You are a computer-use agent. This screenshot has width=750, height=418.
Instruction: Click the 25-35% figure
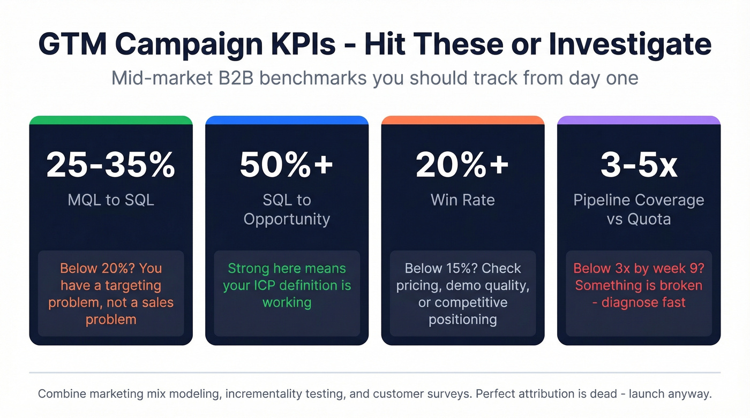(x=111, y=165)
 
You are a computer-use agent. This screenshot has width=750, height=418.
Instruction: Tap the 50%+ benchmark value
(x=287, y=165)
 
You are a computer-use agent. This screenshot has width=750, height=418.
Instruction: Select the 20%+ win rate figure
(x=462, y=165)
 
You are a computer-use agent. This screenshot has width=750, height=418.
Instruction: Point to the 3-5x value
(x=639, y=165)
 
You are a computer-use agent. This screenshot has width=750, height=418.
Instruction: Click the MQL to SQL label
(x=111, y=200)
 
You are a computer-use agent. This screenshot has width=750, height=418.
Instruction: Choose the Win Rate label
(x=462, y=200)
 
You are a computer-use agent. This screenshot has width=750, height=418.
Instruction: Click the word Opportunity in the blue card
(x=287, y=219)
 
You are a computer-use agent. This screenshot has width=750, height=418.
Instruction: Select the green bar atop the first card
(x=111, y=120)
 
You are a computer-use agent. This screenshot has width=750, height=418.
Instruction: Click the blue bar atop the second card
(x=287, y=120)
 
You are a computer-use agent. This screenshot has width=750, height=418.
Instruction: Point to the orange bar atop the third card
(x=462, y=120)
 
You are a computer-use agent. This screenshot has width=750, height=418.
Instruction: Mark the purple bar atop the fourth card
(x=639, y=120)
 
